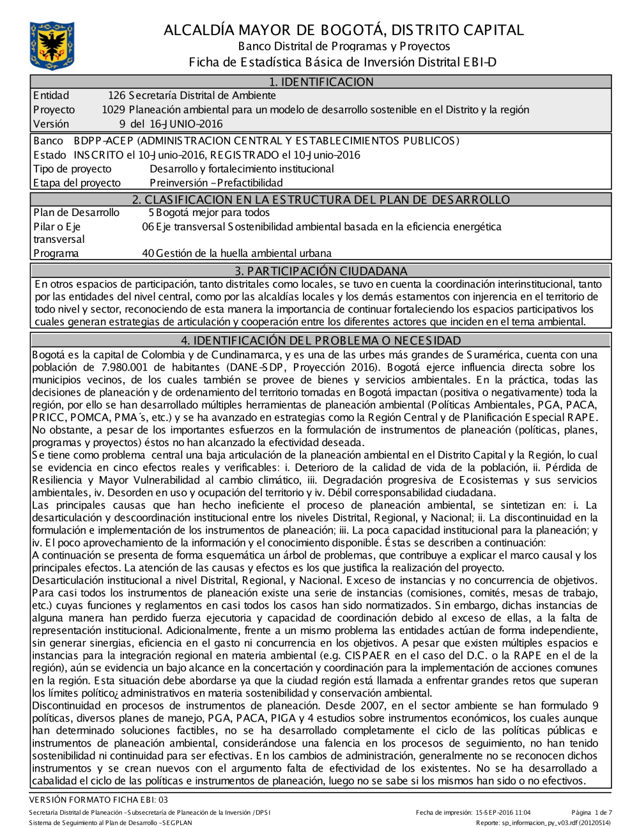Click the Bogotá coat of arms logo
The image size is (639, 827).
pos(52,45)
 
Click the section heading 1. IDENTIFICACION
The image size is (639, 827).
pos(321,82)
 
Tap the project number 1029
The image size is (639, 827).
pos(113,110)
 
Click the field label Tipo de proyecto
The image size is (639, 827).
pos(72,169)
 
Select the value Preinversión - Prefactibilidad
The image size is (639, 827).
pos(216,183)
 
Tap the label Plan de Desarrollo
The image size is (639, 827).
pos(76,213)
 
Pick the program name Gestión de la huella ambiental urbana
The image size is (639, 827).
pos(243,253)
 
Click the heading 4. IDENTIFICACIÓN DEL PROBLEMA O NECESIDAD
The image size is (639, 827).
pos(321,341)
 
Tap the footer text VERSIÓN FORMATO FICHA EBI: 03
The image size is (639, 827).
pos(99,800)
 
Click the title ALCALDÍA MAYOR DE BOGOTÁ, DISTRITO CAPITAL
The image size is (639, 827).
pos(343,30)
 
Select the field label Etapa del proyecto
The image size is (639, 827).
pos(77,183)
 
